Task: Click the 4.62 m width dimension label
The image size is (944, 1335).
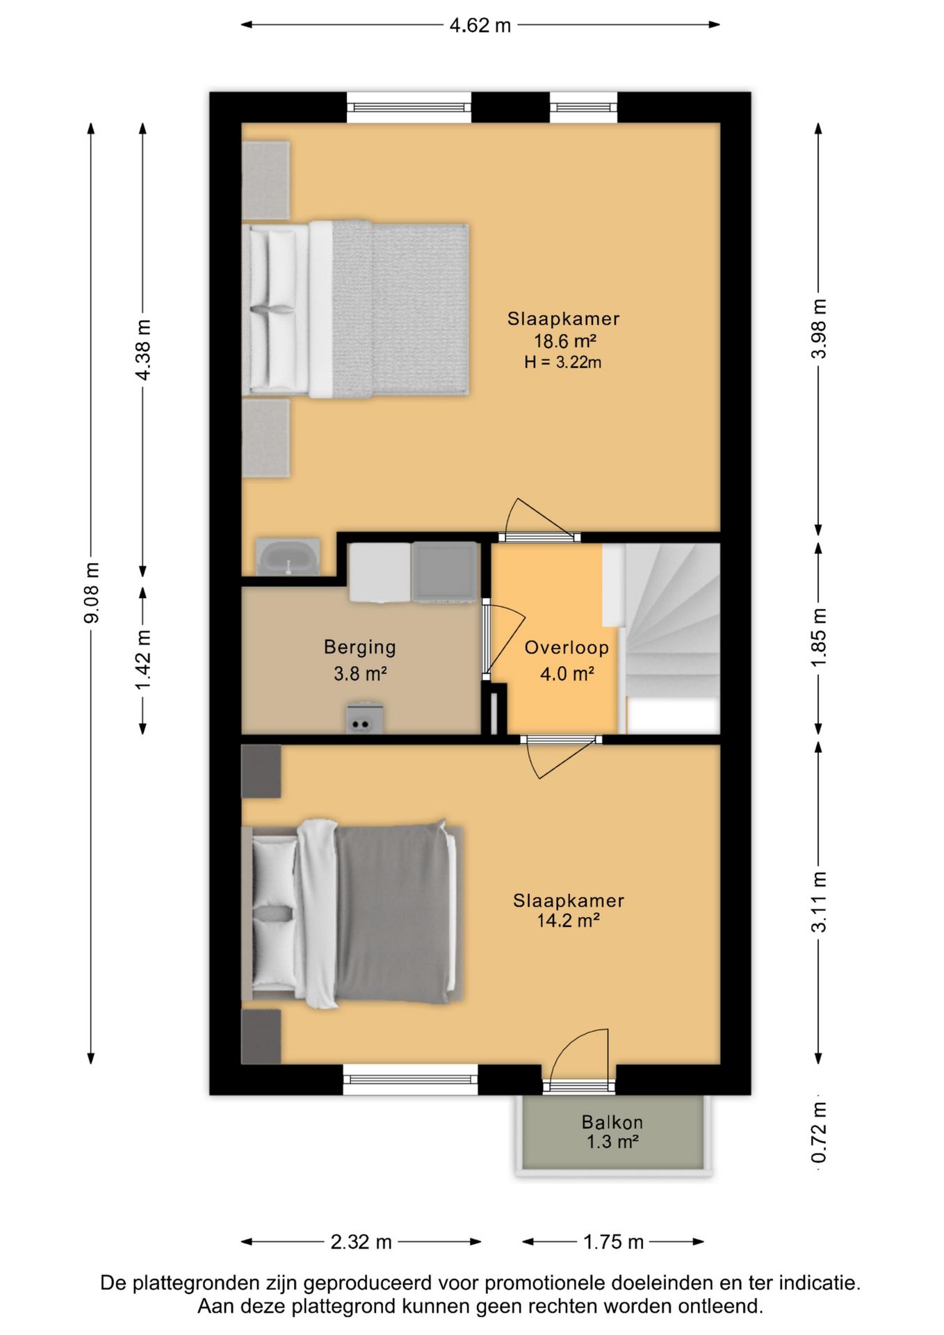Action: (480, 26)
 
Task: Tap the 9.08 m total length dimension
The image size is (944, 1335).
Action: (91, 593)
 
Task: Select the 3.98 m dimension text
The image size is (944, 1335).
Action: (819, 328)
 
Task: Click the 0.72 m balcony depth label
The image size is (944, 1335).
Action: (819, 1132)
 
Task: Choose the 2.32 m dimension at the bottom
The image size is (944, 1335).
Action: (361, 1242)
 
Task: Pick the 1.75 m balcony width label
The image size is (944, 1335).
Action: (614, 1242)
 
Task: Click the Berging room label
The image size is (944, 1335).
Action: (360, 647)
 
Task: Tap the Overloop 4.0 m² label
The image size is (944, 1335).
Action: (567, 661)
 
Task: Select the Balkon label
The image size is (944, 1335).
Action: (612, 1122)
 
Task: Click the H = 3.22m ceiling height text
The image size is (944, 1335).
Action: (563, 362)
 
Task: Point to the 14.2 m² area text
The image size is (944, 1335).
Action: (568, 921)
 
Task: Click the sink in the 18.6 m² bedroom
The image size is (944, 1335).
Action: (288, 557)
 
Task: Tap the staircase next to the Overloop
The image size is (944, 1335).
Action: (672, 638)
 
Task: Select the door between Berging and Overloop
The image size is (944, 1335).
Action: (503, 640)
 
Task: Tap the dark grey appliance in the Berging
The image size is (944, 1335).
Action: (445, 572)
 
